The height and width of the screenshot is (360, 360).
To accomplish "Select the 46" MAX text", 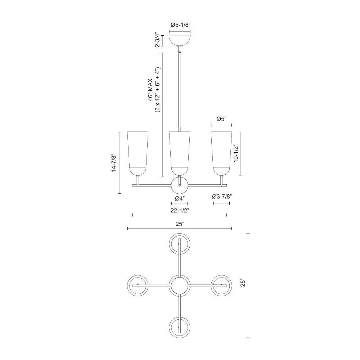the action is tap(150, 90).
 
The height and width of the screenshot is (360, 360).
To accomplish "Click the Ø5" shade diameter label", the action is tap(221, 119).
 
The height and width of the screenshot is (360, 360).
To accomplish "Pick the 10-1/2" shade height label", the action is tap(236, 153).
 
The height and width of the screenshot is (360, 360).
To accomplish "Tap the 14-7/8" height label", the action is tap(114, 163).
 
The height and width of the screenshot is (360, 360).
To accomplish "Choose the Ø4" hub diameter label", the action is tap(180, 198).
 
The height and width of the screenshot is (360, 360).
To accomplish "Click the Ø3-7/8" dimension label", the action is tap(222, 196).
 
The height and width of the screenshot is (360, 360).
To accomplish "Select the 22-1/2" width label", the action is tap(180, 210).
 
